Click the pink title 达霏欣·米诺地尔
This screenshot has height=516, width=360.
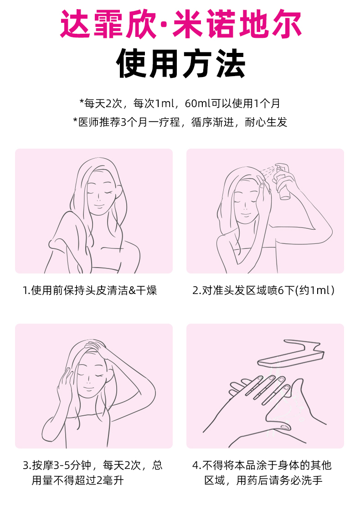pyautogui.click(x=180, y=24)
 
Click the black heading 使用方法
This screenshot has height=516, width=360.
pyautogui.click(x=180, y=63)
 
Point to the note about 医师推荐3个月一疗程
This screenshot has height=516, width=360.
pyautogui.click(x=180, y=122)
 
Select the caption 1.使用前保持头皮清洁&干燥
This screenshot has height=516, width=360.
pyautogui.click(x=89, y=290)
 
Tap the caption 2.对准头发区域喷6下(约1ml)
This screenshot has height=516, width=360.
pyautogui.click(x=263, y=290)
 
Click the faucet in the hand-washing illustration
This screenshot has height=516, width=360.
pyautogui.click(x=291, y=353)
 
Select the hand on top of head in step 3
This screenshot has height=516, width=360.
pyautogui.click(x=98, y=348)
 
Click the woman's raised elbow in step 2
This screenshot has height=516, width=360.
pyautogui.click(x=326, y=232)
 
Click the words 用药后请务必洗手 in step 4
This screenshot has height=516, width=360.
pyautogui.click(x=279, y=480)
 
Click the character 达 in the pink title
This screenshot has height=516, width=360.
pyautogui.click(x=75, y=24)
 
